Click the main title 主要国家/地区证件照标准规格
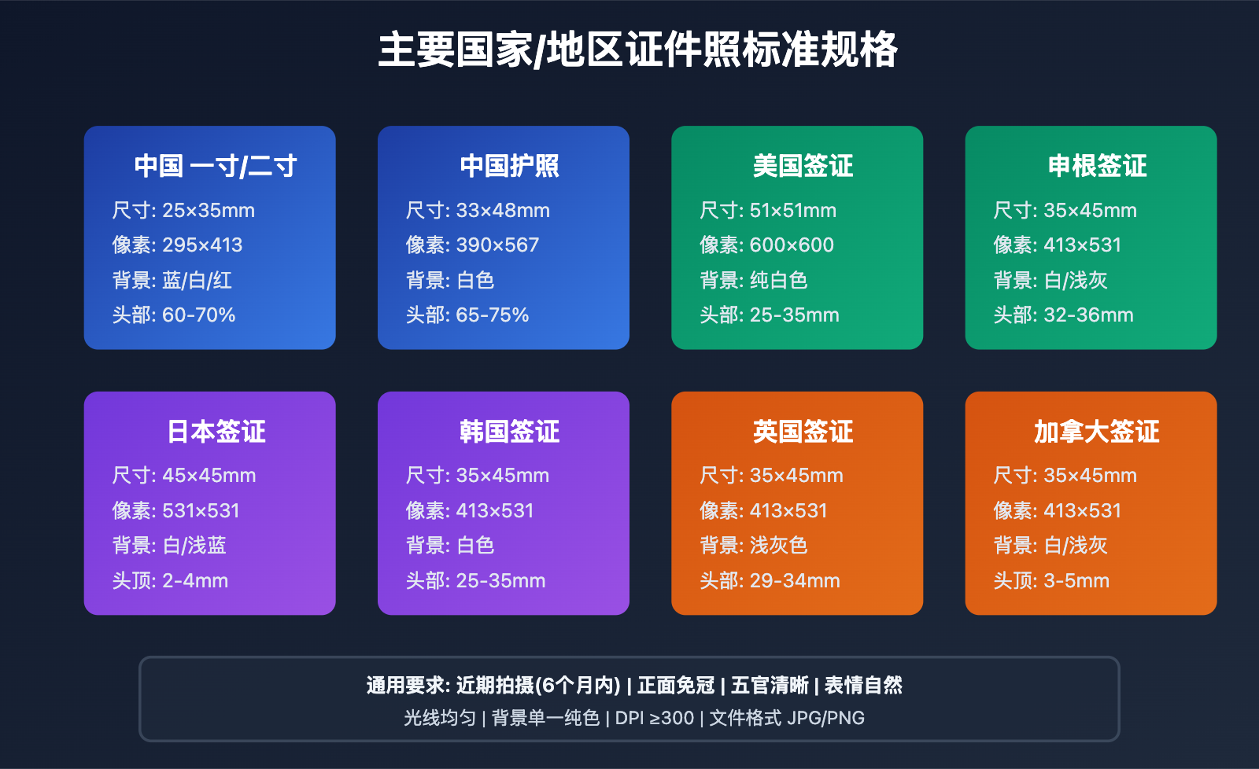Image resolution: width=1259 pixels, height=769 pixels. tap(637, 50)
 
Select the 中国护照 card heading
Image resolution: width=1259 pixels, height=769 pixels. tap(509, 166)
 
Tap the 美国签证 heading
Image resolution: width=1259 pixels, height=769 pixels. tap(803, 166)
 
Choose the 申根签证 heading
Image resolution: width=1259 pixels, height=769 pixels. tap(1097, 166)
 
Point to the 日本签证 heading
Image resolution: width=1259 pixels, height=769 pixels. tap(216, 432)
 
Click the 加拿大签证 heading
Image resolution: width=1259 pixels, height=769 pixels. tap(1096, 432)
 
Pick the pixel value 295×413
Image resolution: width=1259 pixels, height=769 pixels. tap(202, 245)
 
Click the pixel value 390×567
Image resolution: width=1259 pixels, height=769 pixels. tap(497, 245)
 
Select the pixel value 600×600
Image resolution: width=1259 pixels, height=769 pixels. tap(792, 245)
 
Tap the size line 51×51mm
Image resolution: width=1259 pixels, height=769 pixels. tap(792, 211)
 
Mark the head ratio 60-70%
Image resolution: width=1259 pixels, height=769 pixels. tap(198, 315)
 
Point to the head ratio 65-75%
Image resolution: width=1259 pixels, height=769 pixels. tap(492, 315)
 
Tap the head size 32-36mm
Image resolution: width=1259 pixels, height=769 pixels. tap(1088, 315)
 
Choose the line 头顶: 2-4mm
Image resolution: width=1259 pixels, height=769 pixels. tap(170, 581)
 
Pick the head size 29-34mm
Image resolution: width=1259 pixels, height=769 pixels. tap(795, 581)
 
